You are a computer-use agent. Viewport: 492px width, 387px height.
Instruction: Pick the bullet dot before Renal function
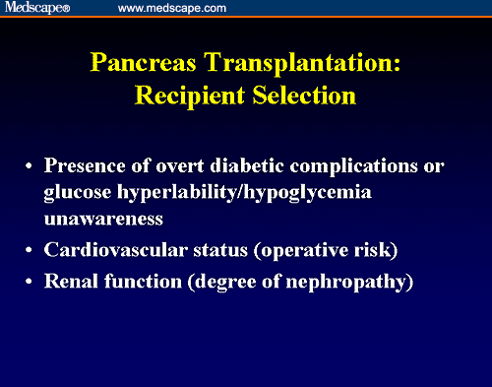coord(31,283)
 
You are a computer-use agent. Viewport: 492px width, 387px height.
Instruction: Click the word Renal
coord(72,282)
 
